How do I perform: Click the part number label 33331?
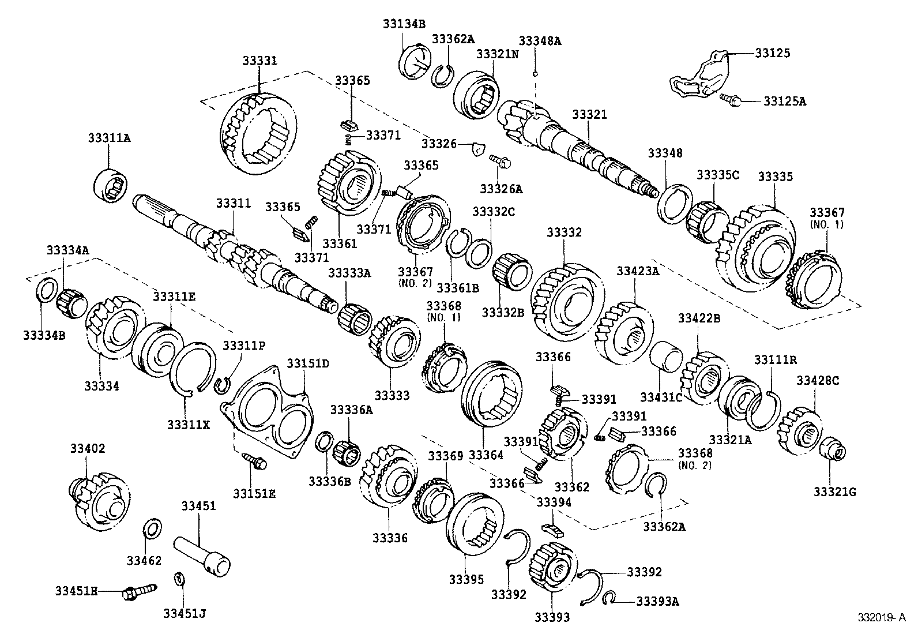click(259, 60)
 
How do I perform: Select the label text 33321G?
click(834, 492)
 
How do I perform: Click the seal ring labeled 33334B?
click(47, 290)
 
